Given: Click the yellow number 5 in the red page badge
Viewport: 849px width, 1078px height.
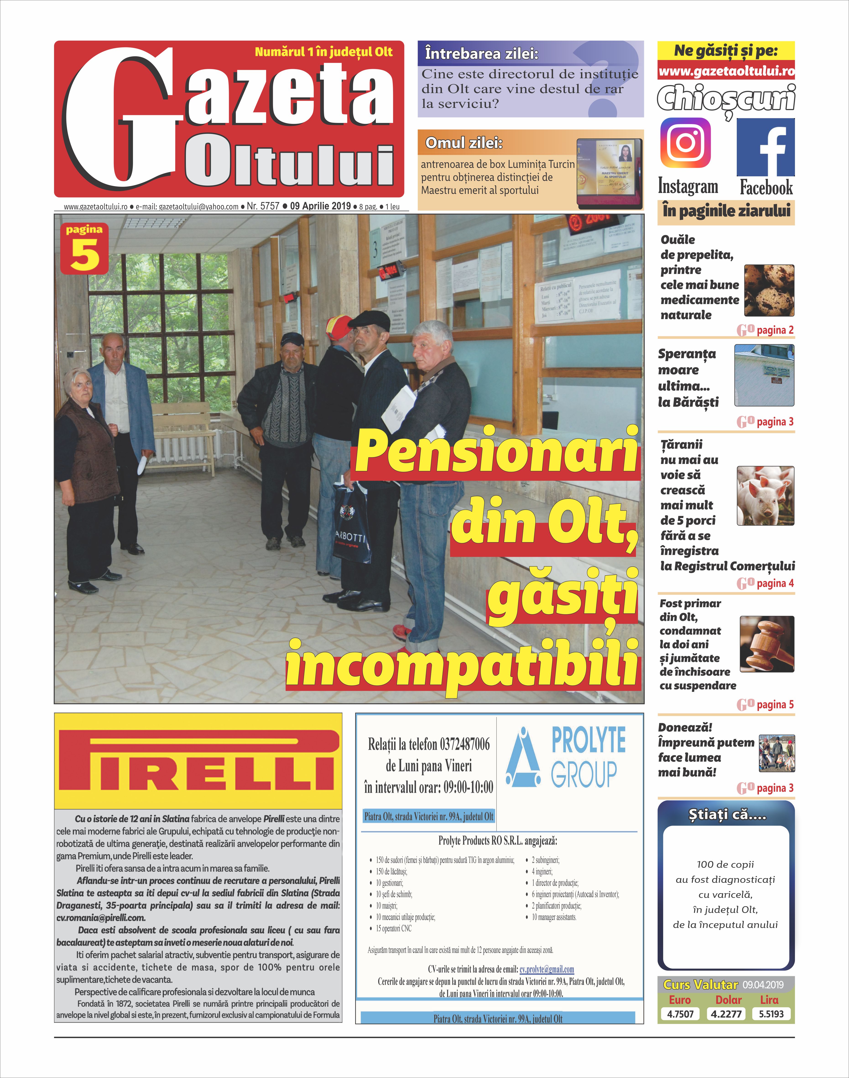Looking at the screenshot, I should pos(84,255).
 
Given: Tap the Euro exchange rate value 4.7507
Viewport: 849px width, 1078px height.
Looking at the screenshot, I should pos(680,1014).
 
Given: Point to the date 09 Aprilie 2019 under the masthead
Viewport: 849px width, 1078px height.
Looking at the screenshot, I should pos(321,206).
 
